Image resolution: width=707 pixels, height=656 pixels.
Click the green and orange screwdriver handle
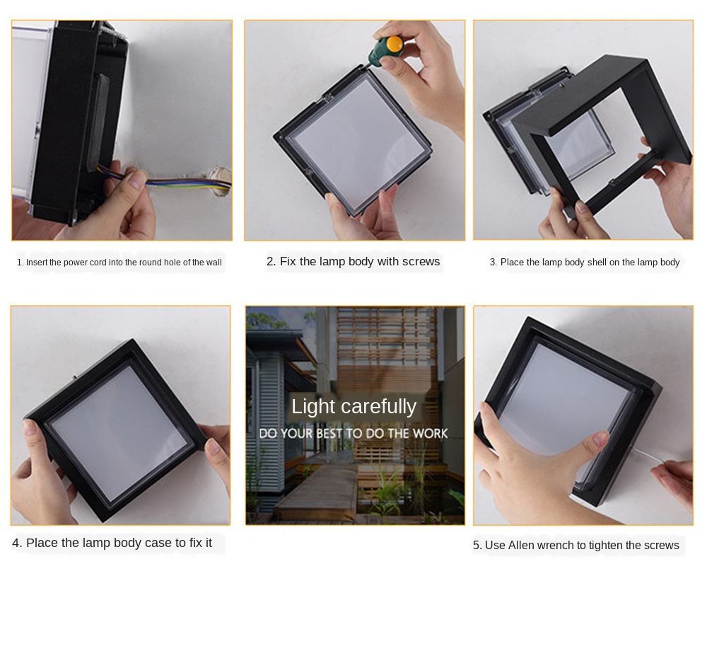pyautogui.click(x=388, y=49)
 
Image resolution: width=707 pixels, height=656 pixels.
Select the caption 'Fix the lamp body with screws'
pyautogui.click(x=353, y=262)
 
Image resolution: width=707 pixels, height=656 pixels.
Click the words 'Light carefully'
pyautogui.click(x=353, y=406)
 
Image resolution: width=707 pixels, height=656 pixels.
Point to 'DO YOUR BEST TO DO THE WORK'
pyautogui.click(x=353, y=433)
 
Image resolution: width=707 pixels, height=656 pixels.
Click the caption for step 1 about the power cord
pyautogui.click(x=119, y=263)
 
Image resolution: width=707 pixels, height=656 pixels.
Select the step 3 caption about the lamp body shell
pyautogui.click(x=584, y=263)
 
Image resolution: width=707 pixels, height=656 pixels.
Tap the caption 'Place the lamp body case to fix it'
pyautogui.click(x=112, y=543)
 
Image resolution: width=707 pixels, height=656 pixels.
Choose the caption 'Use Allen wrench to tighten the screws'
pyautogui.click(x=575, y=545)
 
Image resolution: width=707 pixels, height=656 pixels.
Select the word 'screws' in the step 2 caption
pyautogui.click(x=421, y=262)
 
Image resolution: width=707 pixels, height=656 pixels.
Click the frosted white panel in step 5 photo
pyautogui.click(x=559, y=396)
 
